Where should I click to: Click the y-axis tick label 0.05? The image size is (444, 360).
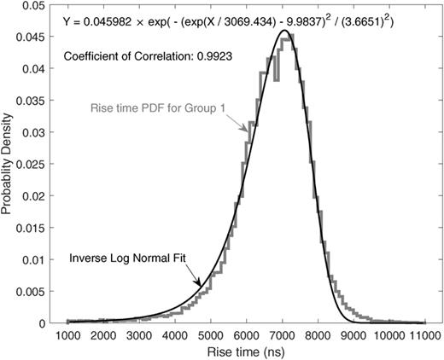(x=35, y=5)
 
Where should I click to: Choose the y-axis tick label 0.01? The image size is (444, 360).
(x=35, y=260)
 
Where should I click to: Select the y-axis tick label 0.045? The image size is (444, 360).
(x=32, y=38)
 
